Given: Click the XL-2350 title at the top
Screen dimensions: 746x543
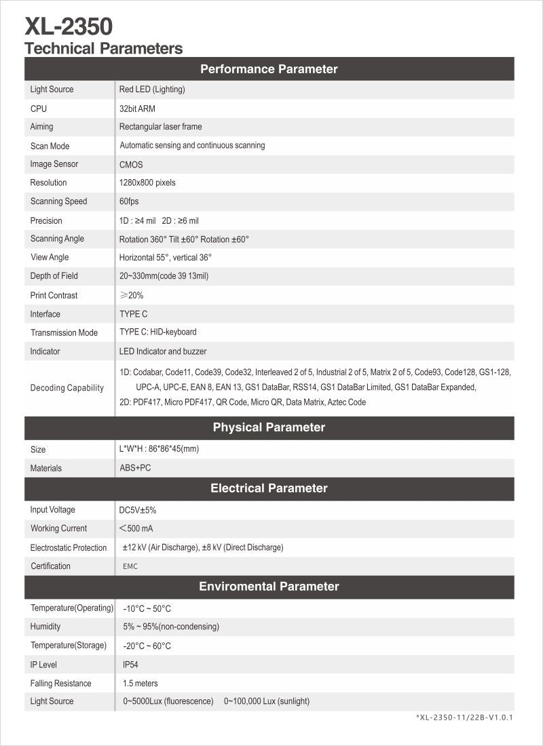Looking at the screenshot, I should pyautogui.click(x=69, y=27).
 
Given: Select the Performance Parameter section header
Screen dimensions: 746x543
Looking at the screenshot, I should pyautogui.click(x=269, y=68).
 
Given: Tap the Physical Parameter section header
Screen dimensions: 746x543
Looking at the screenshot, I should pyautogui.click(x=269, y=427).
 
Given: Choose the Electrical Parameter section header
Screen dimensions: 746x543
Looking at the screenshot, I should pyautogui.click(x=269, y=488).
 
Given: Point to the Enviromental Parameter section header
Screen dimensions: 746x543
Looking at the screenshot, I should pyautogui.click(x=269, y=586).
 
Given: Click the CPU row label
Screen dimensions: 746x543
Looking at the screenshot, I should pyautogui.click(x=39, y=109).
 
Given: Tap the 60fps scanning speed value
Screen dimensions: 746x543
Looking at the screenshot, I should pyautogui.click(x=129, y=201).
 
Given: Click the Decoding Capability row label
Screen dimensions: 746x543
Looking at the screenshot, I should pyautogui.click(x=67, y=388).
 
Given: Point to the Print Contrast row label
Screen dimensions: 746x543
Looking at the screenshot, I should pyautogui.click(x=54, y=295).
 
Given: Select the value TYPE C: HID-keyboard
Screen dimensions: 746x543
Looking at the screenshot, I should pyautogui.click(x=158, y=332).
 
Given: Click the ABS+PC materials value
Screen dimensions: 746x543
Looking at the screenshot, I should pyautogui.click(x=135, y=468).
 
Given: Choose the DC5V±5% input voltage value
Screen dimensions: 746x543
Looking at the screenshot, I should pyautogui.click(x=138, y=510).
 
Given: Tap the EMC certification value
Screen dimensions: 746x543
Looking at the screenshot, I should pyautogui.click(x=130, y=566).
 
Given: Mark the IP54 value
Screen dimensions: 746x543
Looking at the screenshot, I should pyautogui.click(x=130, y=665).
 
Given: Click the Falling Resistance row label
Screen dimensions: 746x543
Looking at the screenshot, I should pyautogui.click(x=60, y=683).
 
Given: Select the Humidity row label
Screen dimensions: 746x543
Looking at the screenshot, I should pyautogui.click(x=45, y=627).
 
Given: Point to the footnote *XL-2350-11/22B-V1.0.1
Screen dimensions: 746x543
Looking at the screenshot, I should pyautogui.click(x=464, y=717).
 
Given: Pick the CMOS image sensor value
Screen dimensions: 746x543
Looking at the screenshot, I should pyautogui.click(x=131, y=164).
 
